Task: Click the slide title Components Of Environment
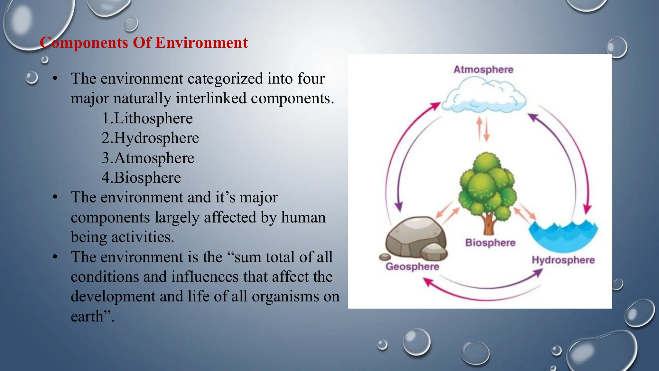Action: point(144,43)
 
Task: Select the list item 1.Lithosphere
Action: point(147,118)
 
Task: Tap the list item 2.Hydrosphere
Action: point(150,138)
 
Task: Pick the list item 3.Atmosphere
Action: point(148,158)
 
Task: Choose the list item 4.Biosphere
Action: point(141,177)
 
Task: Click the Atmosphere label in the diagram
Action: point(483,70)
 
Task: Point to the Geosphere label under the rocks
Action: point(412,267)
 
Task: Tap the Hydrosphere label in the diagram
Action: point(563,260)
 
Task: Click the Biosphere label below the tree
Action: point(490,243)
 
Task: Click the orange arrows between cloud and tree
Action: point(483,129)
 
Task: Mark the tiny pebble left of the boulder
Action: point(385,257)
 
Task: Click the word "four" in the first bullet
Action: point(311,79)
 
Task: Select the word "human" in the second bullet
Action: point(303,217)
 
